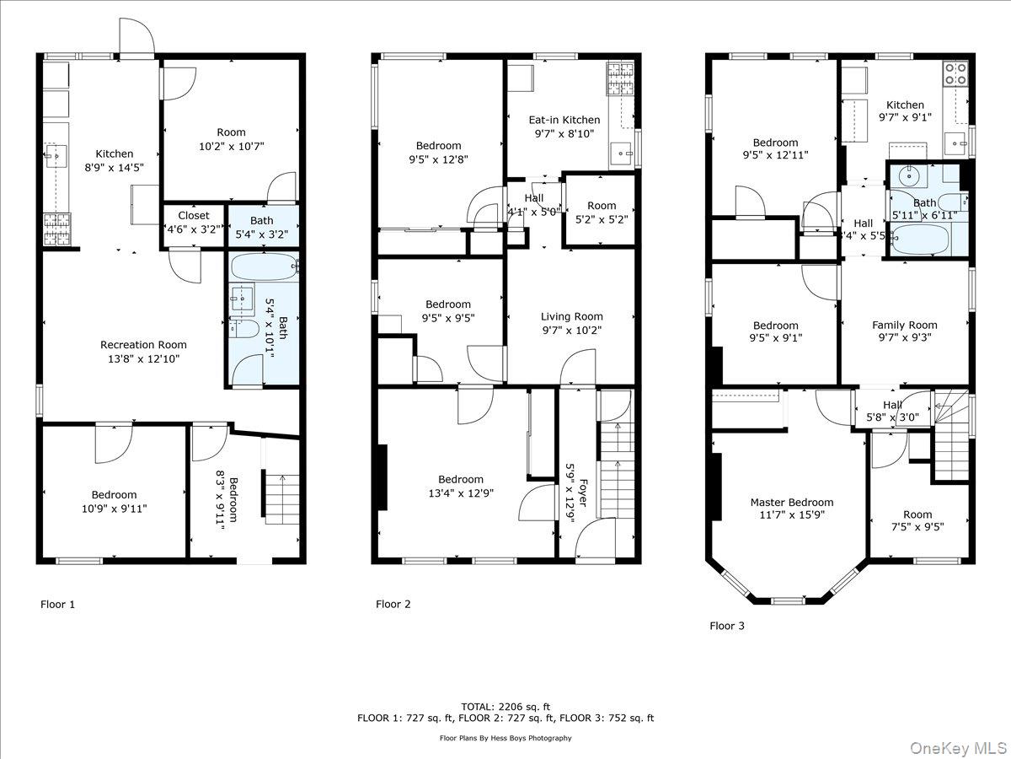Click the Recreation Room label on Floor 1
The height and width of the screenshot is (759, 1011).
pos(143,345)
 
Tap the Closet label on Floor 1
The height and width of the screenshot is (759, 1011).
pos(193,216)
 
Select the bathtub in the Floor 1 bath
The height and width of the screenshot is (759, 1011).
pos(264,269)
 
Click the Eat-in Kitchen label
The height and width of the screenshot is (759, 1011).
pos(564,121)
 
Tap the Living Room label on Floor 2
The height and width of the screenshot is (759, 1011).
pos(572,317)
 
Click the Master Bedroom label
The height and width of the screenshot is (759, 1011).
pos(791,503)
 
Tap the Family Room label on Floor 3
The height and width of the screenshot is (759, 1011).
pos(904,325)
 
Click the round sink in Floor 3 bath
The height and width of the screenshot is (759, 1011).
pos(908,177)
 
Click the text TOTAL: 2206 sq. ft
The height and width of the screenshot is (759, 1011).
pos(505,706)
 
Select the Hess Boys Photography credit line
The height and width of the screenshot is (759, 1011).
pos(505,738)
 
